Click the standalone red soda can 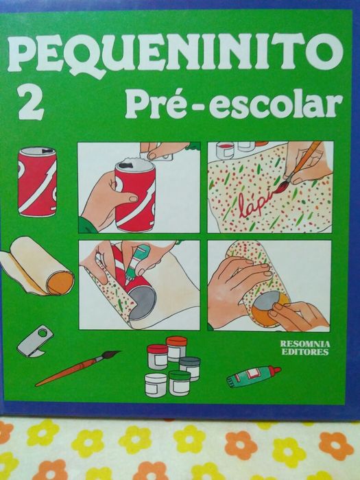(37, 182)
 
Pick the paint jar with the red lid (157, 355)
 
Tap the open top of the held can (133, 165)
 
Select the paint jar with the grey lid (190, 363)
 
